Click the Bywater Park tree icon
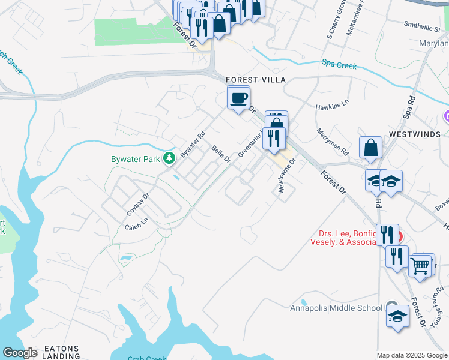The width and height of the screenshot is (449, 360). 170,158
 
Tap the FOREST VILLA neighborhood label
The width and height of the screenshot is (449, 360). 255,80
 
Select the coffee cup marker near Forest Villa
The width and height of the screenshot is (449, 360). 238,97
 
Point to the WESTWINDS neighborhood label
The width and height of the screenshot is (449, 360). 414,134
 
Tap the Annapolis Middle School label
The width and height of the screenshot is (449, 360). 336,308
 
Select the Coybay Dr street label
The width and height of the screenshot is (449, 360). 137,205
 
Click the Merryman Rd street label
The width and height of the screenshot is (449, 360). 333,142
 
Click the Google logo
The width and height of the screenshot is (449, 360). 20,353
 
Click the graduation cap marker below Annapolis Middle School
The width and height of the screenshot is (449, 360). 397,316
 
